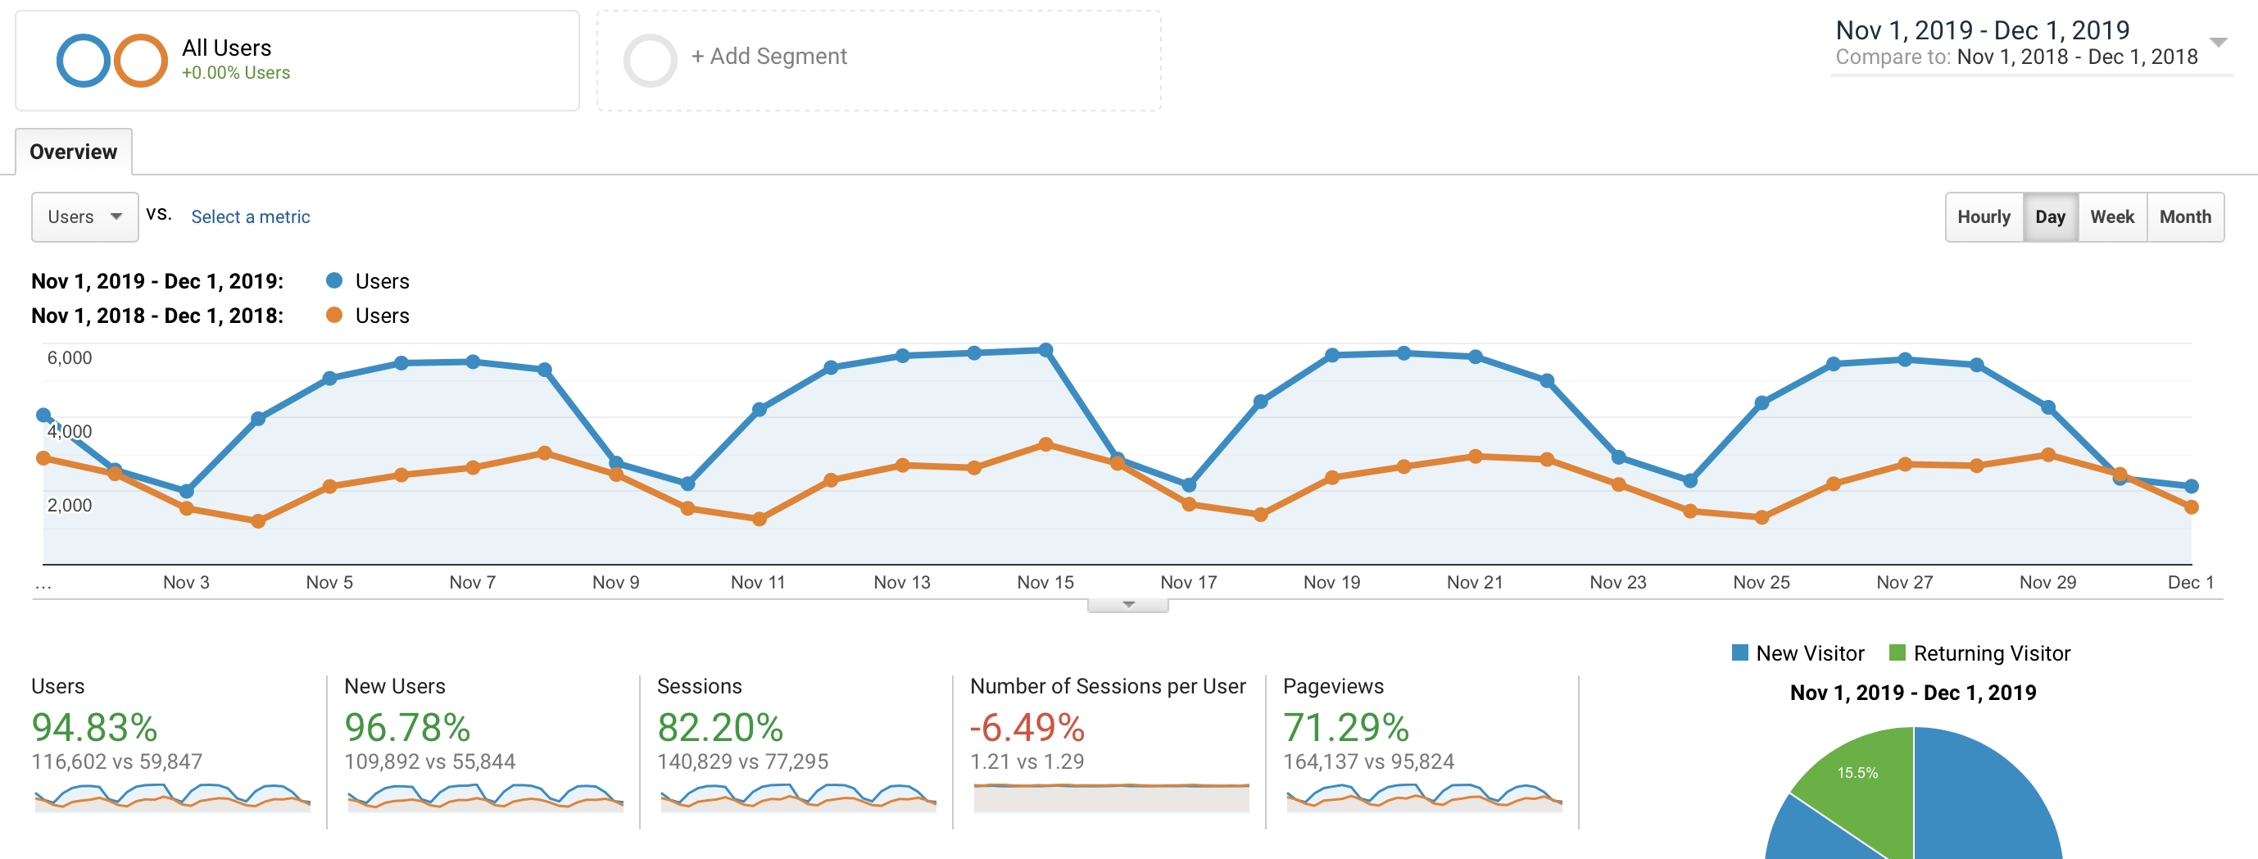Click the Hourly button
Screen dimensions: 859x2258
tap(1983, 216)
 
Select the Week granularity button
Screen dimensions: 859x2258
tap(2111, 216)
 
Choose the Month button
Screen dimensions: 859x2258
tap(2184, 216)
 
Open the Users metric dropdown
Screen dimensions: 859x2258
tap(84, 216)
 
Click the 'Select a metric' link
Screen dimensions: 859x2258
tap(250, 216)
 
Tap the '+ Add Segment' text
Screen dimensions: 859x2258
tap(769, 56)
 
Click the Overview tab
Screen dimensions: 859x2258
tap(73, 152)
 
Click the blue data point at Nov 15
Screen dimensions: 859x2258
tap(1045, 350)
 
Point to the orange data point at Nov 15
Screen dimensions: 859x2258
tap(1045, 444)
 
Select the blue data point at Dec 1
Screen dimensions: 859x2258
tap(2191, 485)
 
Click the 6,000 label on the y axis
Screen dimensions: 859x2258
tap(70, 357)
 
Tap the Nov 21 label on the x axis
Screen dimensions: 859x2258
tap(1475, 582)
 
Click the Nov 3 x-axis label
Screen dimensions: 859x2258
tap(186, 582)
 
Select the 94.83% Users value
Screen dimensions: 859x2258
tap(95, 728)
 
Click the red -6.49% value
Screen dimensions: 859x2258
tap(1027, 728)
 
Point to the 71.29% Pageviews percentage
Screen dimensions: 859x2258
tap(1345, 728)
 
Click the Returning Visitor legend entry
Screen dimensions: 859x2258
tap(1991, 653)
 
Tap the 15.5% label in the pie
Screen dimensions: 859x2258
tap(1857, 772)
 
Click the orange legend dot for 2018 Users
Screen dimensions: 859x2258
tap(334, 315)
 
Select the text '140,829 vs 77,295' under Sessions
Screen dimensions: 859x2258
tap(741, 761)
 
